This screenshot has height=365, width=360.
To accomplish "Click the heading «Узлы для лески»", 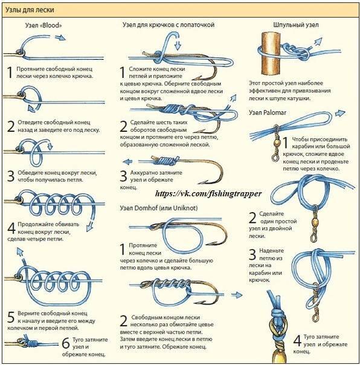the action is [30, 10].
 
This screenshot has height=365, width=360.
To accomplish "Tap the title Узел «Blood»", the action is [43, 25].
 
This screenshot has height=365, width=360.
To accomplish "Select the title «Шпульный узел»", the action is [296, 25].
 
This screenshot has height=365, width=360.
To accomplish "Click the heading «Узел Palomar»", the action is [268, 112].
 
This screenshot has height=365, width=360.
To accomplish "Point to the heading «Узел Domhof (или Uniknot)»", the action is [159, 208].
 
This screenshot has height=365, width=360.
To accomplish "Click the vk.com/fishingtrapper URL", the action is [208, 193].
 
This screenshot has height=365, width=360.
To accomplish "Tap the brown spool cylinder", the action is [271, 53].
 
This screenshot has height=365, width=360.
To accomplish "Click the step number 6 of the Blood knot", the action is [66, 343].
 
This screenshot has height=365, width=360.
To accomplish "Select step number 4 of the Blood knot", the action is [11, 228].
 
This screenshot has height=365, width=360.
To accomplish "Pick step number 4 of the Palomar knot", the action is [297, 341].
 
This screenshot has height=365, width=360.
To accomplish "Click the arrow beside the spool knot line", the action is [317, 43].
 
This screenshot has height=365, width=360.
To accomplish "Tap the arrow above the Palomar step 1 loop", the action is [340, 113].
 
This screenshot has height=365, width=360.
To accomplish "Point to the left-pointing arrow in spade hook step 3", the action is [127, 161].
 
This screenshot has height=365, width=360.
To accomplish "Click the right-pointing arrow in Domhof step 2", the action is [237, 295].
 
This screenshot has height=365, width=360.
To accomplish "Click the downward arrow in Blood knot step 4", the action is [90, 225].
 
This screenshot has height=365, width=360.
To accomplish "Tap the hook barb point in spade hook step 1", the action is [194, 79].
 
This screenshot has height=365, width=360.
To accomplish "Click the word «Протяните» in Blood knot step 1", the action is [31, 69].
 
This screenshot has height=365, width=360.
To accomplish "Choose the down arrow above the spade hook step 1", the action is [178, 45].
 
